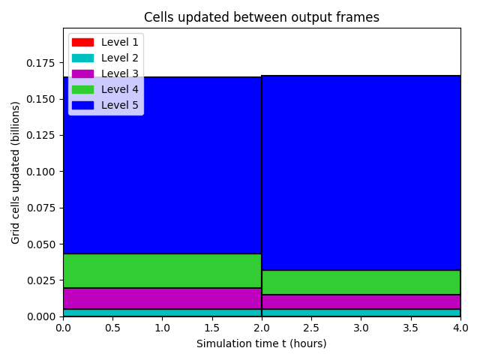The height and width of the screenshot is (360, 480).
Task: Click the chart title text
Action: point(262,17)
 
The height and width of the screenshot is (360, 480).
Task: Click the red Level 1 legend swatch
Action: point(82,42)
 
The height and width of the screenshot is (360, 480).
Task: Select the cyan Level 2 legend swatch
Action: point(82,58)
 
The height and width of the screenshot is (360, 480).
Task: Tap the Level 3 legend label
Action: point(120,73)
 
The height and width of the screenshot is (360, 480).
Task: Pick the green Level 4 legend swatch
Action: point(82,89)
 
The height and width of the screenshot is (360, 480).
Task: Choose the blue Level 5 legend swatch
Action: point(82,105)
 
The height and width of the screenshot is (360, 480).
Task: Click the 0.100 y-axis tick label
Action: point(40,172)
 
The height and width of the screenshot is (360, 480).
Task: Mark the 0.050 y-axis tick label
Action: point(40,244)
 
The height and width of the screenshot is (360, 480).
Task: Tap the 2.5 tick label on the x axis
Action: point(311,328)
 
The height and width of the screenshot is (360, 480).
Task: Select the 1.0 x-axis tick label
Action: point(162,328)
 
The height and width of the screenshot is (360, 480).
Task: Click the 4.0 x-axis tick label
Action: point(460,328)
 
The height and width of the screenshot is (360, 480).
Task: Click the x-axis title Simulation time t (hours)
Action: point(262,343)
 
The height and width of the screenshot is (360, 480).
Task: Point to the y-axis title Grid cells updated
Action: point(15,173)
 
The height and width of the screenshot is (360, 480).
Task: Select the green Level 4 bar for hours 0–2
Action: point(162,271)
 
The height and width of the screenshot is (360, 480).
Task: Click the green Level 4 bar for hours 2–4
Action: point(361,283)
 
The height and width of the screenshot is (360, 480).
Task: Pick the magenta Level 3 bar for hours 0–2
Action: point(162,298)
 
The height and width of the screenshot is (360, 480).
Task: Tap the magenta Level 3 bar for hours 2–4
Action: point(361,301)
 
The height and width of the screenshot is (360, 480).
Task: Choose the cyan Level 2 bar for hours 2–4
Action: point(361,313)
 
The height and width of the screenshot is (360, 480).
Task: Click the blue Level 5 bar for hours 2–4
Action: point(361,173)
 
